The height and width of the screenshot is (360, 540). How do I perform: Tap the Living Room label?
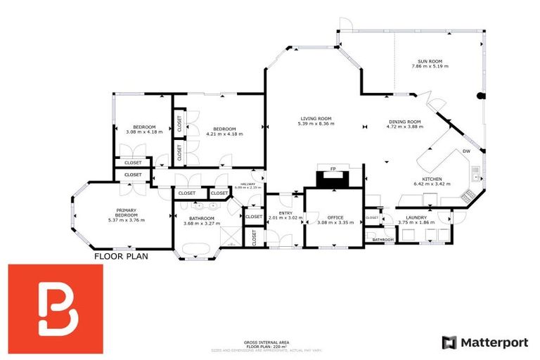[x=316, y=118]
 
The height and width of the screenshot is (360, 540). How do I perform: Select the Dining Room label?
[x=404, y=122]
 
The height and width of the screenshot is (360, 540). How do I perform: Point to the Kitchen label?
[x=432, y=179]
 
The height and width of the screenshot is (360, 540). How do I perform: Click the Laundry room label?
[x=412, y=218]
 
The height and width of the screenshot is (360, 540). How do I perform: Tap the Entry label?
[x=285, y=213]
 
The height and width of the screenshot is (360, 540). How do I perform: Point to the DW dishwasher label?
[x=466, y=152]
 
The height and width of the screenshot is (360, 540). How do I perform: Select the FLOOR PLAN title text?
[x=122, y=257]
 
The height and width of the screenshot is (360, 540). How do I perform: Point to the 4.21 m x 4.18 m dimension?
[x=224, y=132]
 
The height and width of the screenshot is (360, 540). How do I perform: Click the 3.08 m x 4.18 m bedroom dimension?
[x=144, y=132]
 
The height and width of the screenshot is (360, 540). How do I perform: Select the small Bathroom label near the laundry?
[x=382, y=240]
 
